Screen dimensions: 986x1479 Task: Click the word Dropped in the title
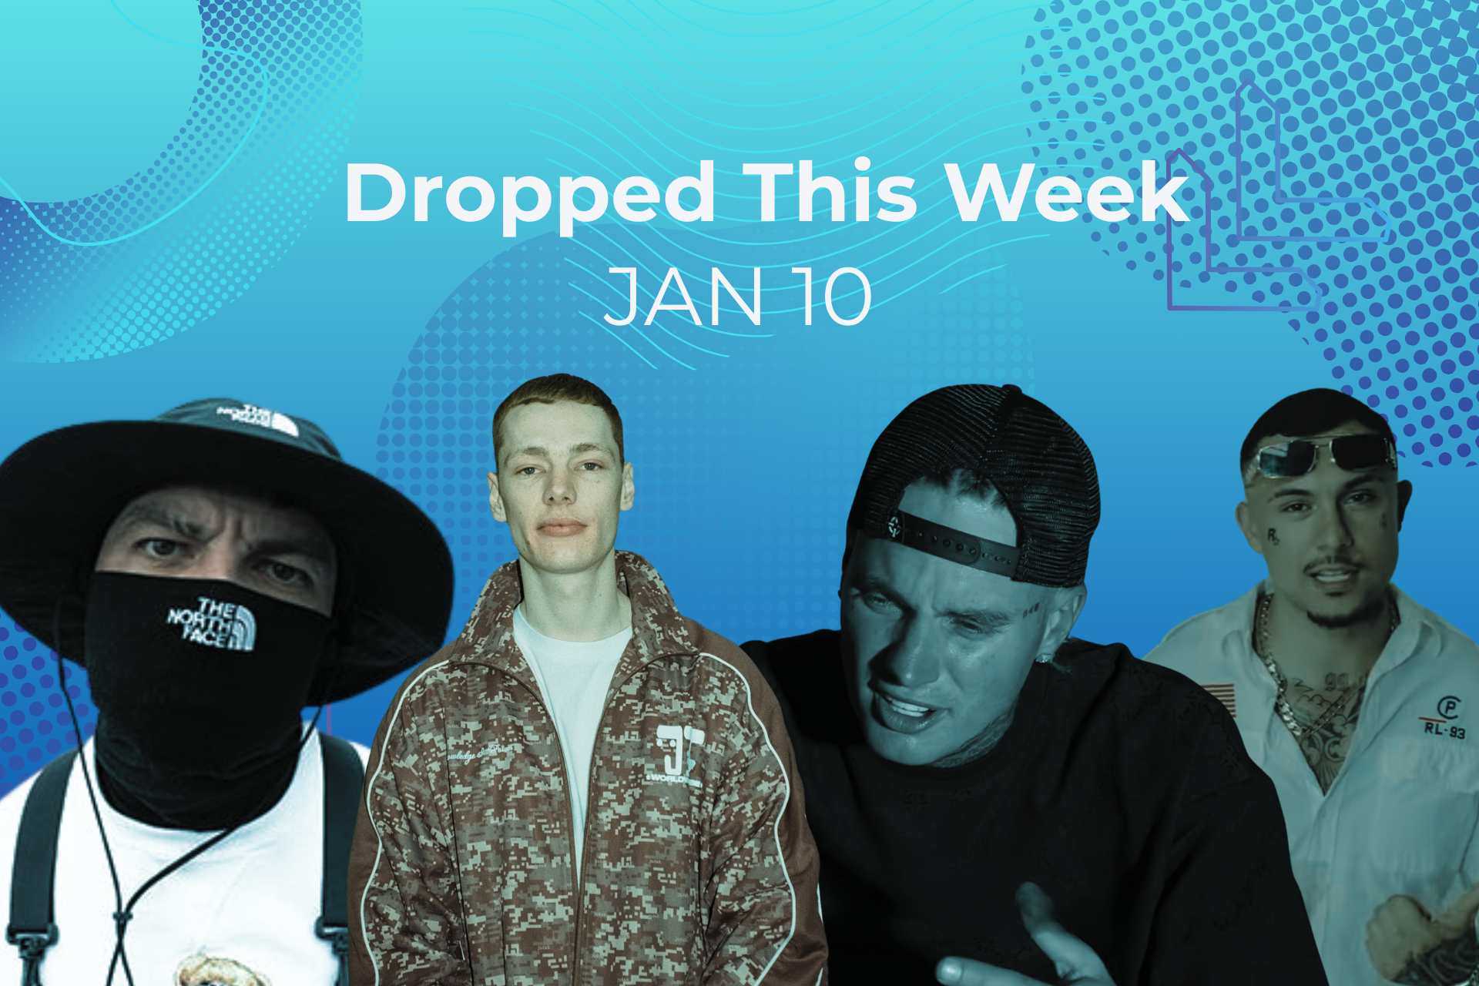(x=530, y=194)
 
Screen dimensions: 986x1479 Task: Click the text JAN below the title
(x=682, y=297)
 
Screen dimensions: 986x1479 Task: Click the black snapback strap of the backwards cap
(x=955, y=543)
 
